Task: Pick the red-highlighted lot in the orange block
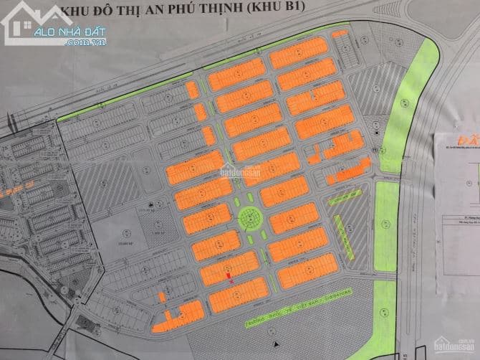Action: tap(229, 271)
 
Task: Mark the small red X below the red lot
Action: tap(231, 281)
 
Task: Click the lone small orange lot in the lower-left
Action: tap(161, 296)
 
